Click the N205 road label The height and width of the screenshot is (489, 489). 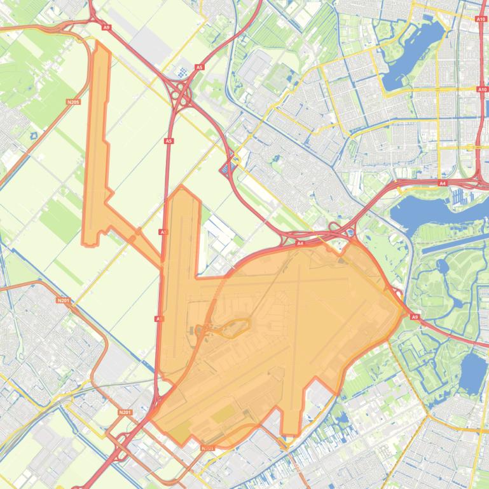(73, 102)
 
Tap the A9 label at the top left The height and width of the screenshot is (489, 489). (106, 27)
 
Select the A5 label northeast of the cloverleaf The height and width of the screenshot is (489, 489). (200, 67)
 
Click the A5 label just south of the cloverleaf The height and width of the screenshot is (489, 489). (169, 141)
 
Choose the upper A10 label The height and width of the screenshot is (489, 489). (481, 20)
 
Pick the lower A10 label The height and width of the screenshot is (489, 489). (482, 90)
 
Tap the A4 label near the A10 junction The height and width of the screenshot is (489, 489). (443, 183)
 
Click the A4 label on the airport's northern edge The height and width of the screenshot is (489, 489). (300, 243)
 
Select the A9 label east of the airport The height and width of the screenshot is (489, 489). (415, 316)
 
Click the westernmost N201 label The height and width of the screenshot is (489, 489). (62, 300)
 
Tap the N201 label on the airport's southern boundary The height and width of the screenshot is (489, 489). (207, 448)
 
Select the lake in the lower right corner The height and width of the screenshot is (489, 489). (472, 372)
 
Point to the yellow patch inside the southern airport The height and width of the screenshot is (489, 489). (222, 415)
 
